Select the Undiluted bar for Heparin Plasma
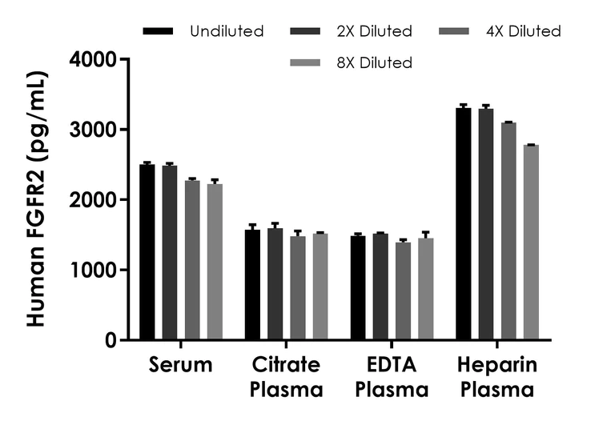point(464,224)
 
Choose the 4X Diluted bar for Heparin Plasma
point(508,231)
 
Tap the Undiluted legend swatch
point(159,31)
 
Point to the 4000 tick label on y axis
point(93,59)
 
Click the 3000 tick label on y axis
point(93,130)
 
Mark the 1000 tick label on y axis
point(93,270)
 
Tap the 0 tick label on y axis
point(109,340)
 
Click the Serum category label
point(181,367)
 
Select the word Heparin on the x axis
point(497,367)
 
